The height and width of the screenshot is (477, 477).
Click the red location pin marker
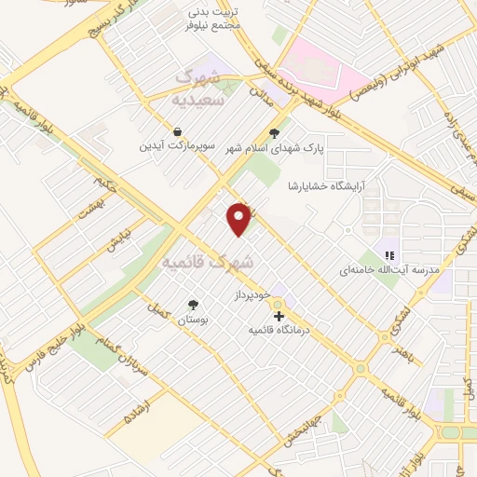(240, 219)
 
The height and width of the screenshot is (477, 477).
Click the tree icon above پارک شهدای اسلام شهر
(273, 132)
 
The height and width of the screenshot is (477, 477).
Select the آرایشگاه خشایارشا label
(323, 184)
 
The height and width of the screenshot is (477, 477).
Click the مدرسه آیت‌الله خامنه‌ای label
(388, 269)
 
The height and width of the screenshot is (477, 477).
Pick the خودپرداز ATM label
(251, 294)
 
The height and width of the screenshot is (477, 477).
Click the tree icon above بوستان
(193, 305)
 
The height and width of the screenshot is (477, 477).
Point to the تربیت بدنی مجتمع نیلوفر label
(218, 18)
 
